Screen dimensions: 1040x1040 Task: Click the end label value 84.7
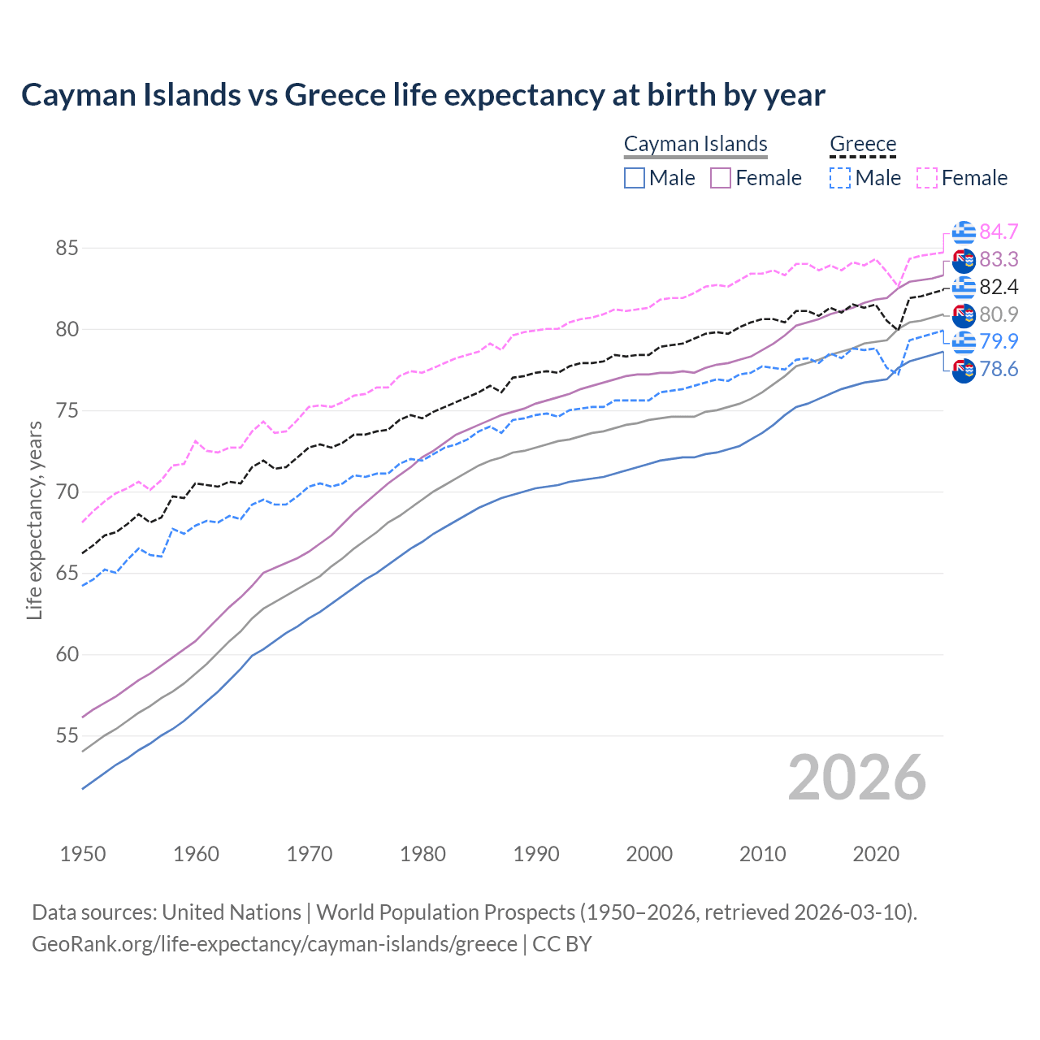(999, 232)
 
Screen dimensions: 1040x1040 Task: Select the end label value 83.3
(999, 259)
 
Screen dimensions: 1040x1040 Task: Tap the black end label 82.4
(999, 287)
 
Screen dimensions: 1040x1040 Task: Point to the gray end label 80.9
(999, 314)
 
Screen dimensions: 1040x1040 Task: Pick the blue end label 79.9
(999, 341)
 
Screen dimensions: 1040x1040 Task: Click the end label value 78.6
(999, 370)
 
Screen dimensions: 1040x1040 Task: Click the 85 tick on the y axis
(67, 248)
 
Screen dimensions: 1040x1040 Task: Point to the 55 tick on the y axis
(67, 736)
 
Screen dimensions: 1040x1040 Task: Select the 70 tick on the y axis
(67, 492)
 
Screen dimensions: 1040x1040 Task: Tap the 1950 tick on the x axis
(83, 854)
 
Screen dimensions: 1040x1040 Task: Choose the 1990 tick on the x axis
(536, 854)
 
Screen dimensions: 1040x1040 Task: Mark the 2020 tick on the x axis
(876, 854)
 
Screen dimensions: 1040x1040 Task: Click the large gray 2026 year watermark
(856, 778)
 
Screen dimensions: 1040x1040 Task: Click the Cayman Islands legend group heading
(695, 144)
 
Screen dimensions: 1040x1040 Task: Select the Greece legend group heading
(863, 144)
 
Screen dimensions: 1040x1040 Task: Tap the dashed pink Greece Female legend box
(927, 178)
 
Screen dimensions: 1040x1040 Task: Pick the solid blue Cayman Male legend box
(635, 178)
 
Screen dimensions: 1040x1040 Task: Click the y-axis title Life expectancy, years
(34, 520)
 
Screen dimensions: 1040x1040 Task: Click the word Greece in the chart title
(335, 95)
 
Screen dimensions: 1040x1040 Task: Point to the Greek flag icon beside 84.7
(964, 232)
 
